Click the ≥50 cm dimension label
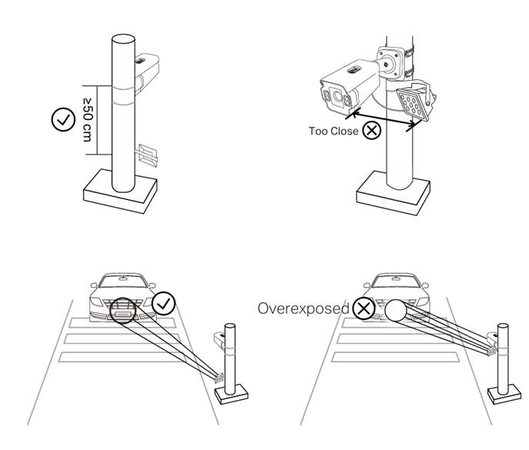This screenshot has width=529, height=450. click(87, 120)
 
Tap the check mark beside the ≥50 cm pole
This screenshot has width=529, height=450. click(63, 120)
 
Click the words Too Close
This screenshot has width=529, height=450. click(333, 131)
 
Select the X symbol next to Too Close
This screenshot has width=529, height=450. click(372, 130)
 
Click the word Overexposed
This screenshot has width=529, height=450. click(303, 308)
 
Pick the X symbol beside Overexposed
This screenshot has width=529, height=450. click(363, 308)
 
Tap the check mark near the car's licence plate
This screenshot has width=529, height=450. click(163, 303)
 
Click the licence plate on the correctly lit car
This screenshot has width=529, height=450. click(122, 314)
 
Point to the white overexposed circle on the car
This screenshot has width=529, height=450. click(396, 311)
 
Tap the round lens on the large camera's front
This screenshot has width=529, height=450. click(337, 96)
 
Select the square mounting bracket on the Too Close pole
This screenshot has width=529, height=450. click(390, 63)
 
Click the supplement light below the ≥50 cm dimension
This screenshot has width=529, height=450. click(147, 155)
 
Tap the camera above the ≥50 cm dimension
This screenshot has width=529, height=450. click(147, 73)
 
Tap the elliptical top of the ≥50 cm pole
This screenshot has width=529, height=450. click(123, 38)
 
